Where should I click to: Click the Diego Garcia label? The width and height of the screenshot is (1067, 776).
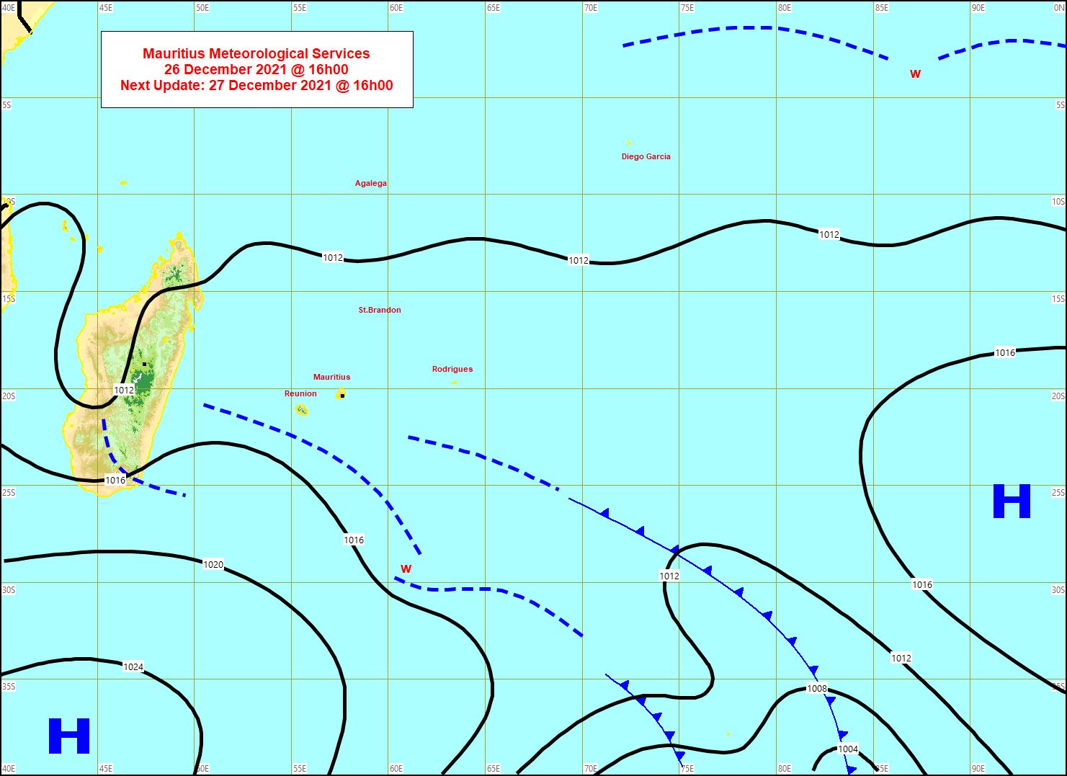[x=646, y=156]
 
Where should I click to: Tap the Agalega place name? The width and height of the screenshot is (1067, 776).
[x=370, y=183]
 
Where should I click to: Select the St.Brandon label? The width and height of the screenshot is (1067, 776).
[x=380, y=310]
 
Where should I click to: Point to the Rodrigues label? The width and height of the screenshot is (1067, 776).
[x=452, y=369]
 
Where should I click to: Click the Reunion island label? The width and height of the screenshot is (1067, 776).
[x=300, y=393]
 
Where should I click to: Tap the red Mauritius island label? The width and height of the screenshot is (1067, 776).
[x=331, y=377]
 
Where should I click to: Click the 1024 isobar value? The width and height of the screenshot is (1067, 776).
[x=133, y=666]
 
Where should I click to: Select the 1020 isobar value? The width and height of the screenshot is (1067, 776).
[x=213, y=565]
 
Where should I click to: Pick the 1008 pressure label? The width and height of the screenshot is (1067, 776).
[x=816, y=689]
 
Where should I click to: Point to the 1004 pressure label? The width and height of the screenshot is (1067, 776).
[x=848, y=749]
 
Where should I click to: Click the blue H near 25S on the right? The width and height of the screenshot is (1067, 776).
[x=1012, y=501]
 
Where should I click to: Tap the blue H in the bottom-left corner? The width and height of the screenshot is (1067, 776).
[x=69, y=736]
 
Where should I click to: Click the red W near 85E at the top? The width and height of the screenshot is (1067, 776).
[x=915, y=74]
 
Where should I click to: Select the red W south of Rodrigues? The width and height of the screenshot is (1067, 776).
[x=406, y=569]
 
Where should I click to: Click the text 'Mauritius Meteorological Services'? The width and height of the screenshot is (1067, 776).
[x=256, y=53]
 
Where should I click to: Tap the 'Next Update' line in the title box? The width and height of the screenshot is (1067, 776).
[x=256, y=85]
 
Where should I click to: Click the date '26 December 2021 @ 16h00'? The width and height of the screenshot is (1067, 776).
[x=256, y=69]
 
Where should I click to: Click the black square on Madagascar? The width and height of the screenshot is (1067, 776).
[x=145, y=364]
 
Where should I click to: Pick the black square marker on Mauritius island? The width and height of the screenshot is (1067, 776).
[x=342, y=396]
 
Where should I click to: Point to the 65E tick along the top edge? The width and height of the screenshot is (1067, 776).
[x=493, y=8]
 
